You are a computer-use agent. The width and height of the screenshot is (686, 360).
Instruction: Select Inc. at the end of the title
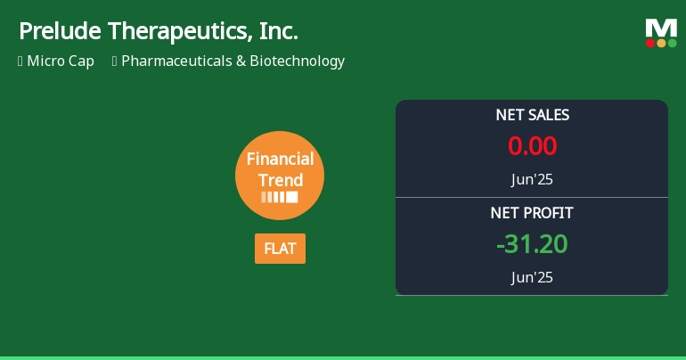pyautogui.click(x=279, y=32)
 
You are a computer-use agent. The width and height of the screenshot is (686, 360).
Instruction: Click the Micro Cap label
pyautogui.click(x=61, y=61)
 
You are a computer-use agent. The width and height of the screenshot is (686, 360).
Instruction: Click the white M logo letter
pyautogui.click(x=661, y=28)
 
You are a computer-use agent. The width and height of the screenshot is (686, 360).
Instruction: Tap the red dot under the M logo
pyautogui.click(x=650, y=43)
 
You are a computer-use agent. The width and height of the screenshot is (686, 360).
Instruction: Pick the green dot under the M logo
pyautogui.click(x=672, y=43)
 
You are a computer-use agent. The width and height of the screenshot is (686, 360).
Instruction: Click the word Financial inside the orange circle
pyautogui.click(x=280, y=160)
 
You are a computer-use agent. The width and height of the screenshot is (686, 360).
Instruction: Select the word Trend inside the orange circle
pyautogui.click(x=280, y=179)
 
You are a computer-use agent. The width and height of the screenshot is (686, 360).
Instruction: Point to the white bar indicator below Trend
pyautogui.click(x=280, y=197)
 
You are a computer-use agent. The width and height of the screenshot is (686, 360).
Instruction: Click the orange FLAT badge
pyautogui.click(x=280, y=249)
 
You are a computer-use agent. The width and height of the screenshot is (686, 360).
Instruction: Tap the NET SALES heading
pyautogui.click(x=532, y=115)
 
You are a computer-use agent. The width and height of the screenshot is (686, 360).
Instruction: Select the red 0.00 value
pyautogui.click(x=532, y=146)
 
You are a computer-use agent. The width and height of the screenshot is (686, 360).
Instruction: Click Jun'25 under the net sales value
pyautogui.click(x=532, y=179)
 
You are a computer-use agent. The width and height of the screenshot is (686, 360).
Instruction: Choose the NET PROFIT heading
pyautogui.click(x=532, y=213)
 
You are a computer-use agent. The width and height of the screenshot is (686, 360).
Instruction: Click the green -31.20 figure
pyautogui.click(x=532, y=244)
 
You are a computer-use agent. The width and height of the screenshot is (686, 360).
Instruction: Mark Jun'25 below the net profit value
pyautogui.click(x=532, y=277)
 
